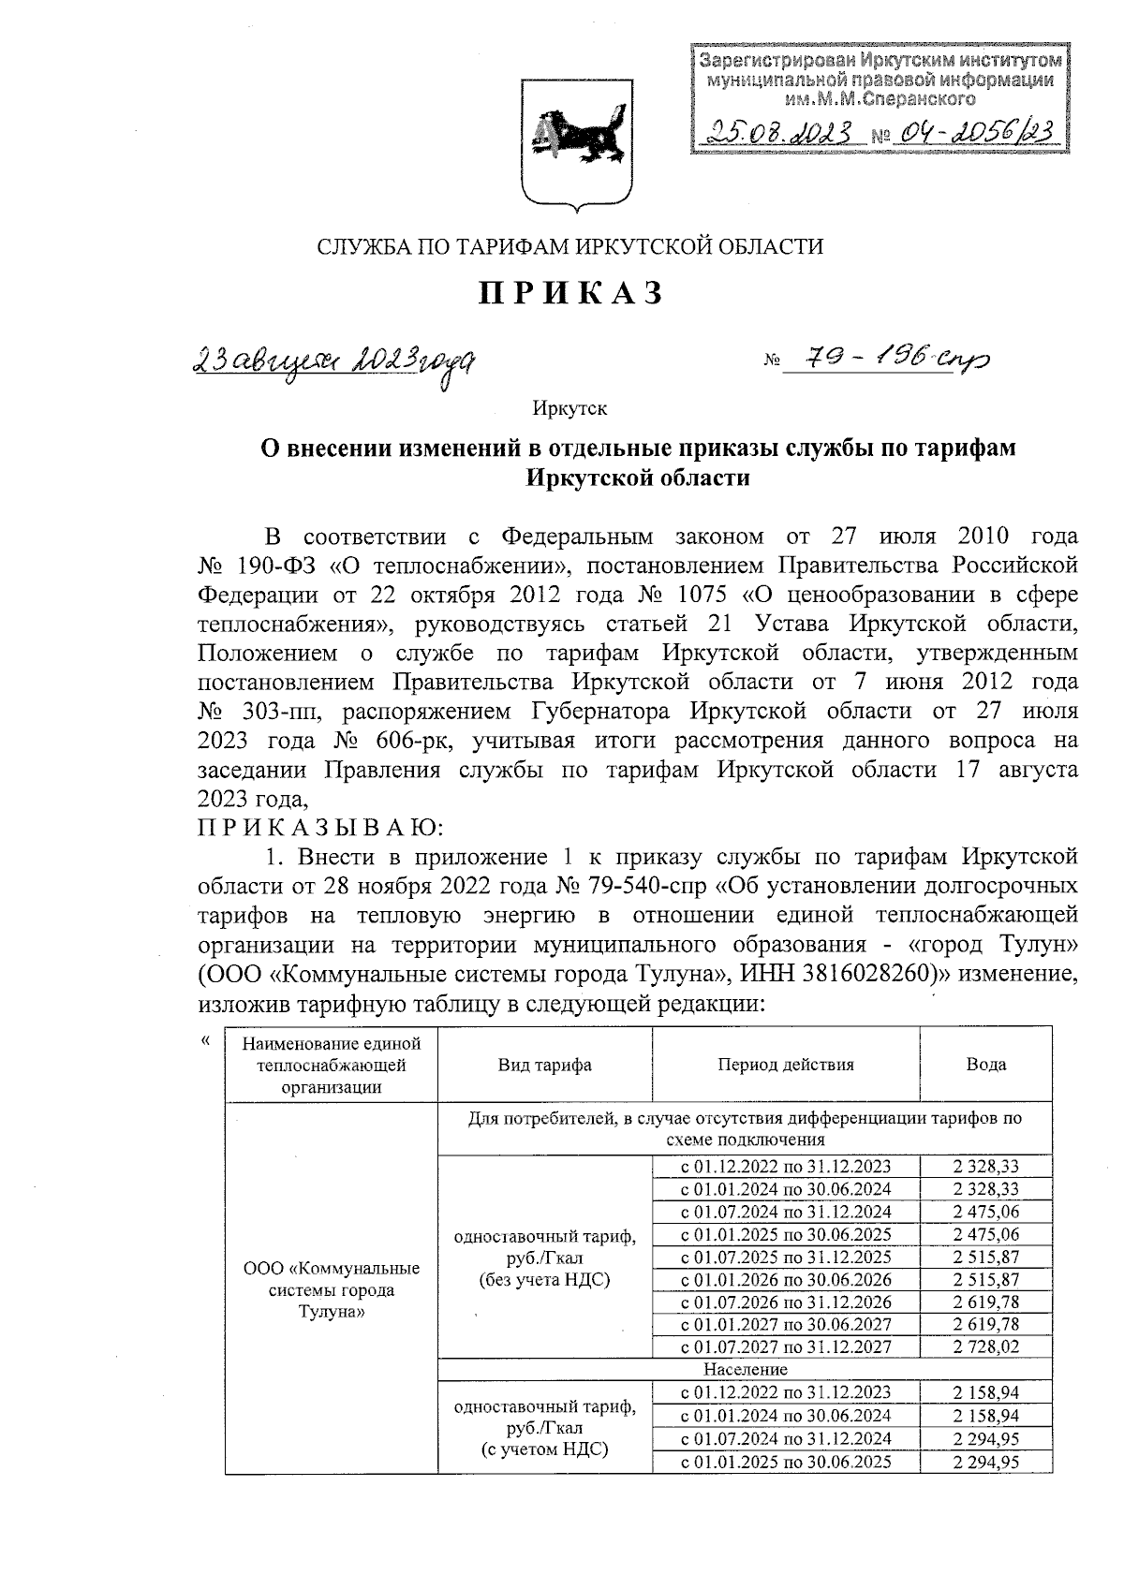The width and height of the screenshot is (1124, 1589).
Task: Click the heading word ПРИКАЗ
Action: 571,293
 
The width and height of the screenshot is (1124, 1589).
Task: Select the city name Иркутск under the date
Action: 569,408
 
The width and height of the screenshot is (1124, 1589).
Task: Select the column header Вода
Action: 985,1065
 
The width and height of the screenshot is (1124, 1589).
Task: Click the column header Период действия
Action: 786,1065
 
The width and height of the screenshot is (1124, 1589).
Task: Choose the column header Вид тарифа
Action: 544,1065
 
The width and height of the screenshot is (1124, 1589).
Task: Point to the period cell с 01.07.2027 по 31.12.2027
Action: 786,1347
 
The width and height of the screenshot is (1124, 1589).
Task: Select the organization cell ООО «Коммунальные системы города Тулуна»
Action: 331,1290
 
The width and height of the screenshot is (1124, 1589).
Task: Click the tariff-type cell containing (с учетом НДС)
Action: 544,1428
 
